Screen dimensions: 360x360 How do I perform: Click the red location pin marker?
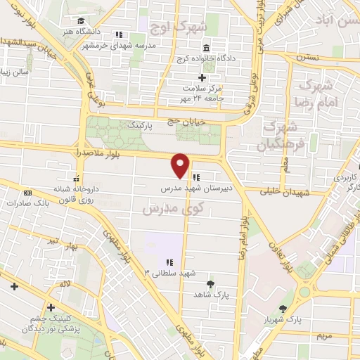click(181, 165)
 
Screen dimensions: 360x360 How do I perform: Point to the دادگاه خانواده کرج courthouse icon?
click(205, 49)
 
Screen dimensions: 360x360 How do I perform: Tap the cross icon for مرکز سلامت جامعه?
click(202, 77)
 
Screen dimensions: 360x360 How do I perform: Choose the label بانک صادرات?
click(29, 203)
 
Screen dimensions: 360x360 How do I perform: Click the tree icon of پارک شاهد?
click(210, 285)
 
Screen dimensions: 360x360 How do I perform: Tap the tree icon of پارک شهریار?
click(283, 309)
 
